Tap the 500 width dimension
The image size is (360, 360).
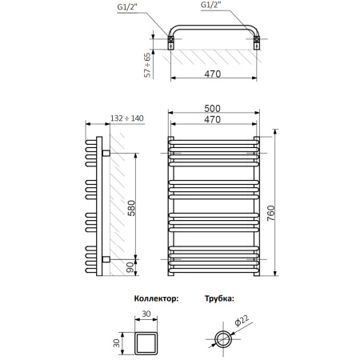click(214, 111)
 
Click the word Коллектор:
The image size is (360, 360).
click(153, 299)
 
